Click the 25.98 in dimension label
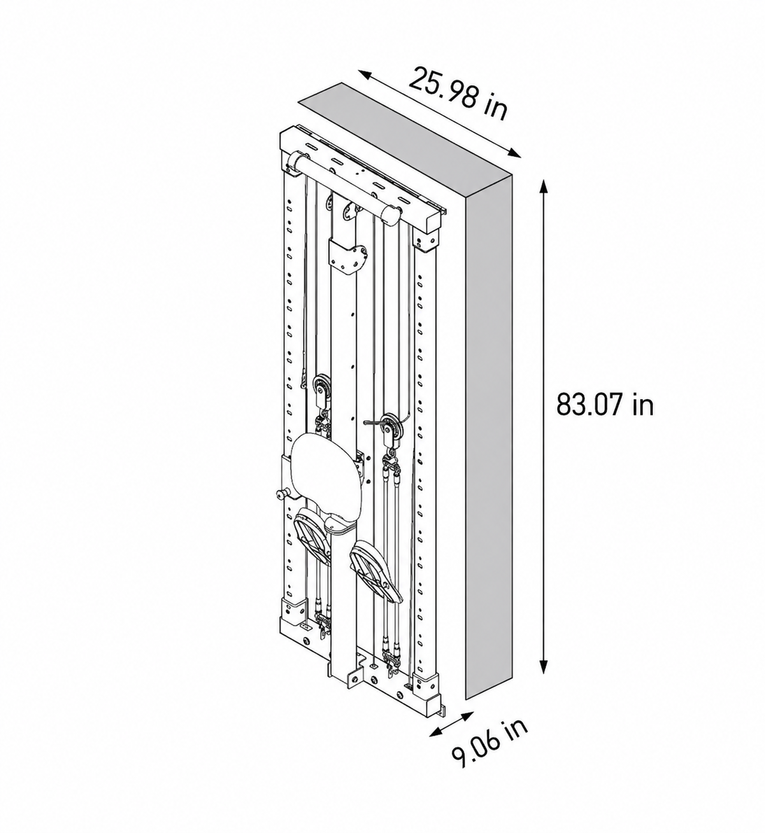458,95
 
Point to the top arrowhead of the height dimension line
543,187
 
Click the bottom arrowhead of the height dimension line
543,665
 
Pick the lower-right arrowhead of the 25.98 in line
514,153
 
